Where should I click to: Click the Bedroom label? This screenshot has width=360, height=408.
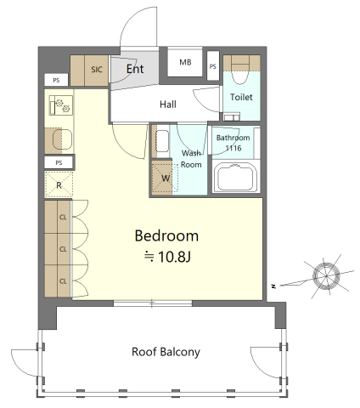(166, 235)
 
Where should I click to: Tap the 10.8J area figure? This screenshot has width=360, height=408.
(174, 257)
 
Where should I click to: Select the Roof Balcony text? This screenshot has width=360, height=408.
(166, 352)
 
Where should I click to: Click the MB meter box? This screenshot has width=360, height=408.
(185, 62)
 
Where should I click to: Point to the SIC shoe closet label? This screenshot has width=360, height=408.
(97, 70)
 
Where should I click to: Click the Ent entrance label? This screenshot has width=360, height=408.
(135, 69)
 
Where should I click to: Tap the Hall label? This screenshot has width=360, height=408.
(168, 105)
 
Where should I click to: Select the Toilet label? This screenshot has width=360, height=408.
(241, 97)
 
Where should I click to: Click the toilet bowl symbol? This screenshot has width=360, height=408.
(240, 74)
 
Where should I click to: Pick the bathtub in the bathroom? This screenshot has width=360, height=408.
(236, 178)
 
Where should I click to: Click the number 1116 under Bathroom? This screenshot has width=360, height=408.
(233, 148)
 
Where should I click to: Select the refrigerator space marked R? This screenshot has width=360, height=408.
(59, 184)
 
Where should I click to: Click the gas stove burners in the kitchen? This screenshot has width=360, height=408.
(61, 105)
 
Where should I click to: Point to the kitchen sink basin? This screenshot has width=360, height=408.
(62, 139)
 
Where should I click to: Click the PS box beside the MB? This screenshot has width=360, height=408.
(213, 66)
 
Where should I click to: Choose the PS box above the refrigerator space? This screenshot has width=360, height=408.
(59, 162)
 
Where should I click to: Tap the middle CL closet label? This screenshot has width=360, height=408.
(63, 249)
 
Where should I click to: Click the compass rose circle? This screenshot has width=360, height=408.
(326, 275)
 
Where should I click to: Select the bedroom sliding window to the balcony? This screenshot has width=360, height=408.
(153, 303)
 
